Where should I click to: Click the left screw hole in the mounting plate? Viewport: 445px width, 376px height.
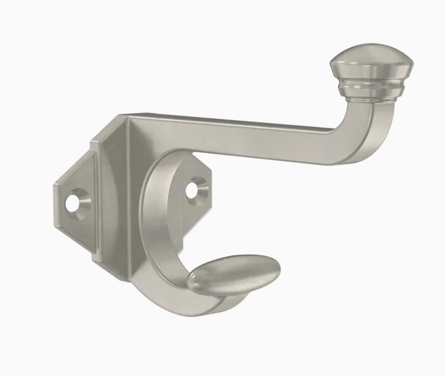pos(73,203)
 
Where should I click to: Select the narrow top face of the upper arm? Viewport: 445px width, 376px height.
pos(234,119)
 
